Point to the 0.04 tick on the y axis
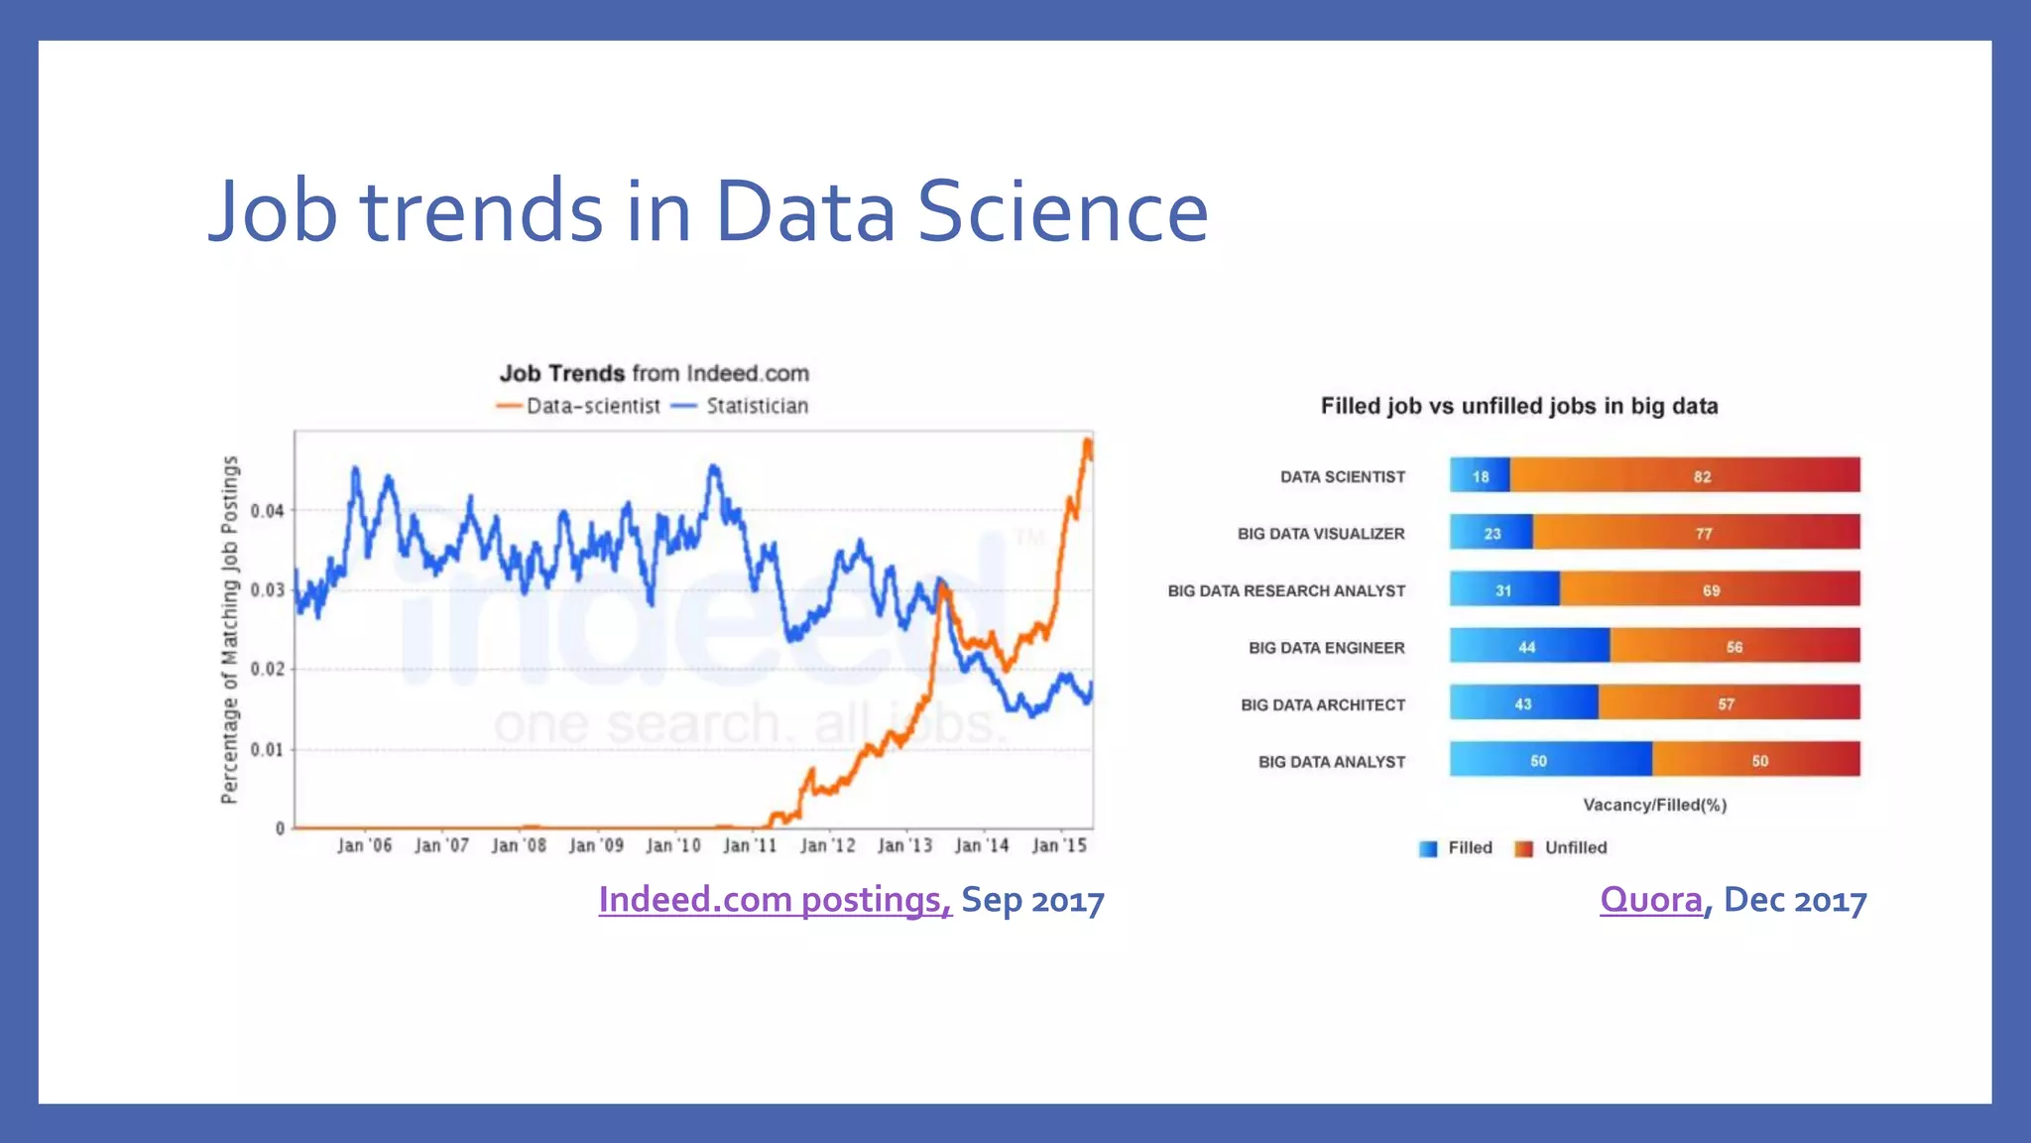click(x=267, y=511)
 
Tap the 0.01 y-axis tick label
click(x=267, y=749)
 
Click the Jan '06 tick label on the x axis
click(x=364, y=845)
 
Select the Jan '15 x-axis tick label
click(x=1059, y=845)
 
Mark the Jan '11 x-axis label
click(x=750, y=845)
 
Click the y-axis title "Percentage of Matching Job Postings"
click(x=230, y=629)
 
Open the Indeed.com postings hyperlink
click(x=775, y=899)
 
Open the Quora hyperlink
click(x=1650, y=899)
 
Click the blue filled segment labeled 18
click(x=1480, y=475)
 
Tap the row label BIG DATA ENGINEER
click(x=1326, y=648)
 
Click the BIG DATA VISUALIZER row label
click(x=1320, y=534)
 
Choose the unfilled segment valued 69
click(x=1710, y=589)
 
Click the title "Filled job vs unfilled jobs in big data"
click(x=1518, y=406)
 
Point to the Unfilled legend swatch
click(x=1523, y=848)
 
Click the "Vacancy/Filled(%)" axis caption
click(x=1654, y=805)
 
